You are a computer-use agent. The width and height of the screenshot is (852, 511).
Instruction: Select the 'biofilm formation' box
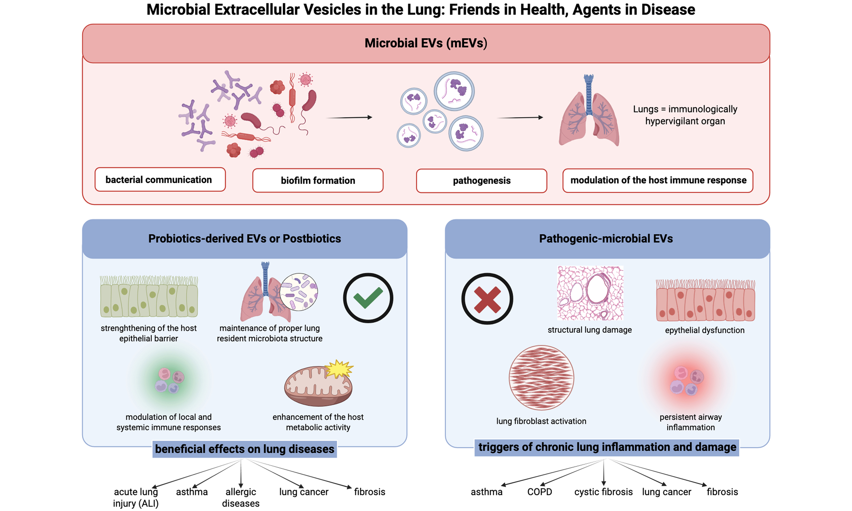click(318, 181)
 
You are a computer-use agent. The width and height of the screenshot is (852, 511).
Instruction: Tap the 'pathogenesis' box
click(481, 181)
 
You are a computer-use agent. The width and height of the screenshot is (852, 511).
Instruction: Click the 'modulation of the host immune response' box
click(658, 181)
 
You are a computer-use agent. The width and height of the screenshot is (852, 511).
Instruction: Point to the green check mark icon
click(368, 298)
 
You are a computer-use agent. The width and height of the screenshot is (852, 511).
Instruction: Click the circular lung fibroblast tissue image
click(541, 378)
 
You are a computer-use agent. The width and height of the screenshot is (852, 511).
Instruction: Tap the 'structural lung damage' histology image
click(590, 293)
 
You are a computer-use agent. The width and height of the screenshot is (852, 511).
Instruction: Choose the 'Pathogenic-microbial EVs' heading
click(606, 239)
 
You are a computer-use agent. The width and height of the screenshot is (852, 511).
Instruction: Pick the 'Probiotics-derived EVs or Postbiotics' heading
click(245, 239)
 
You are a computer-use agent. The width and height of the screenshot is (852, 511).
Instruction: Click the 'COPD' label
click(540, 492)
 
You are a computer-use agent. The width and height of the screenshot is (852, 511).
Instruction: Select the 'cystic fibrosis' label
click(603, 492)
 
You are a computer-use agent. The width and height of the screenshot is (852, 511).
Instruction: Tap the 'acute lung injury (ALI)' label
click(136, 497)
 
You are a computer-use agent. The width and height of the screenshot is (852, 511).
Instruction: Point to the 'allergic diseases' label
click(240, 497)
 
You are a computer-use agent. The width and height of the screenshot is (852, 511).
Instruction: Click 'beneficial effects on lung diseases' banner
click(245, 449)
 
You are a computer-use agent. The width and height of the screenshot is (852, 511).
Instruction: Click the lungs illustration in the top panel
click(589, 114)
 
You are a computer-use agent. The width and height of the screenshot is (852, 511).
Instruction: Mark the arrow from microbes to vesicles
click(349, 118)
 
